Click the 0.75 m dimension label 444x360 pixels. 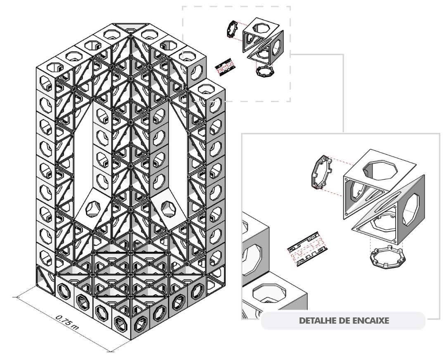[x=67, y=322]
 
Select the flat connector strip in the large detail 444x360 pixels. [x=308, y=248]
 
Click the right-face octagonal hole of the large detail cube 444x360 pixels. [x=410, y=210]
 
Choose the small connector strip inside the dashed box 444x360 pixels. [x=226, y=67]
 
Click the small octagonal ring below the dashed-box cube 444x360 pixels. [x=265, y=71]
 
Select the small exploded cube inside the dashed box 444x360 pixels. [x=263, y=41]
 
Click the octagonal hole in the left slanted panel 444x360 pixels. [x=93, y=209]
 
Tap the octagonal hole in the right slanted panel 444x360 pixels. [x=169, y=208]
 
